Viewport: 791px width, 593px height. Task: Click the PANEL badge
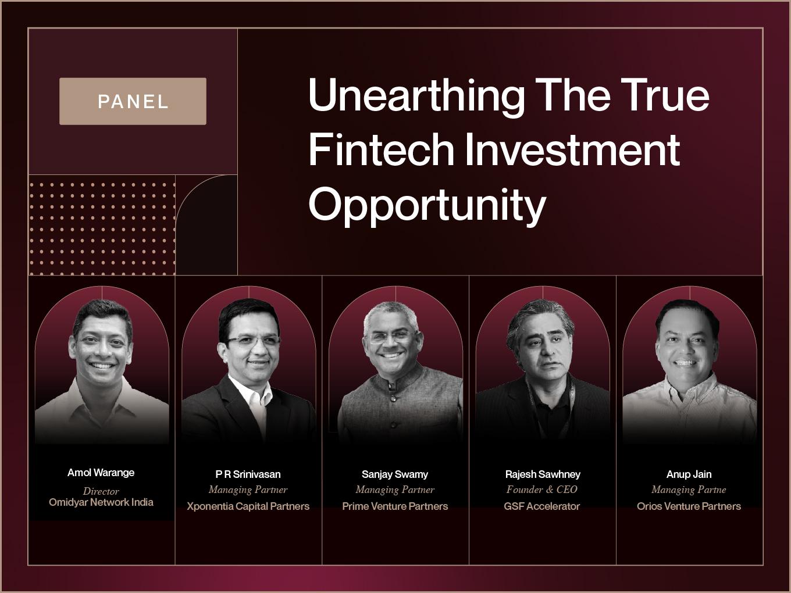(x=133, y=101)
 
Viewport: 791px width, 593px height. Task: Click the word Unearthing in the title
(x=416, y=97)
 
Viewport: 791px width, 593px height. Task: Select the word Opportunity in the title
(x=427, y=205)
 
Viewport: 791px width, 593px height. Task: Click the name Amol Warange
(x=101, y=473)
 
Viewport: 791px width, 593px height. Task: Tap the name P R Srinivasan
(x=248, y=474)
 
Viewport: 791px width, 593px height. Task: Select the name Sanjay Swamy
(x=395, y=474)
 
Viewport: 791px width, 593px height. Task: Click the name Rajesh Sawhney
(x=543, y=474)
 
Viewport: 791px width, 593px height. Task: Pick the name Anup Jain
(x=689, y=474)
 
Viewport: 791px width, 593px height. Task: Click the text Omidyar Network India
(x=101, y=502)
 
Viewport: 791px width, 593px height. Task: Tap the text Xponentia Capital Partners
(x=248, y=506)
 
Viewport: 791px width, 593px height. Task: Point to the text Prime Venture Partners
(x=395, y=506)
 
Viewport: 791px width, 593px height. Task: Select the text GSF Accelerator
(x=542, y=506)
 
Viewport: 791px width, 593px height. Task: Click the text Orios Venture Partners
(x=689, y=506)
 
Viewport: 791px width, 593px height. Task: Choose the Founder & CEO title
(x=542, y=490)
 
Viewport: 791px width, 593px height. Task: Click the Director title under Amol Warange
(x=101, y=491)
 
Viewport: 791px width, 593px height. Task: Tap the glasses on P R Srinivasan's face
(x=252, y=340)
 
